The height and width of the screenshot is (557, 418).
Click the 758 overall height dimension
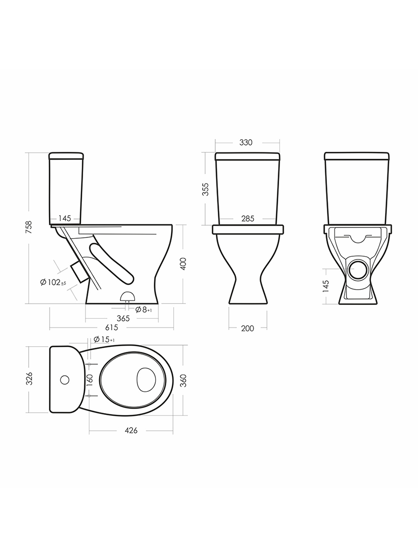(30, 227)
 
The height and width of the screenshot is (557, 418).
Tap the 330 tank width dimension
(246, 142)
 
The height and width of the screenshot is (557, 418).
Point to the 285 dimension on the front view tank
(248, 219)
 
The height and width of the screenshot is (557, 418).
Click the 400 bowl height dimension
(183, 264)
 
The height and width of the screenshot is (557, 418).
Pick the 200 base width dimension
(248, 328)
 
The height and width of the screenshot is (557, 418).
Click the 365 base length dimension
(123, 318)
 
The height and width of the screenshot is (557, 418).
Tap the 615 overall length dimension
(111, 328)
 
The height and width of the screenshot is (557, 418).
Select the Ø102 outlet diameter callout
(53, 282)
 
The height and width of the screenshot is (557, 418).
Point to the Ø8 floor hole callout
(144, 309)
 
